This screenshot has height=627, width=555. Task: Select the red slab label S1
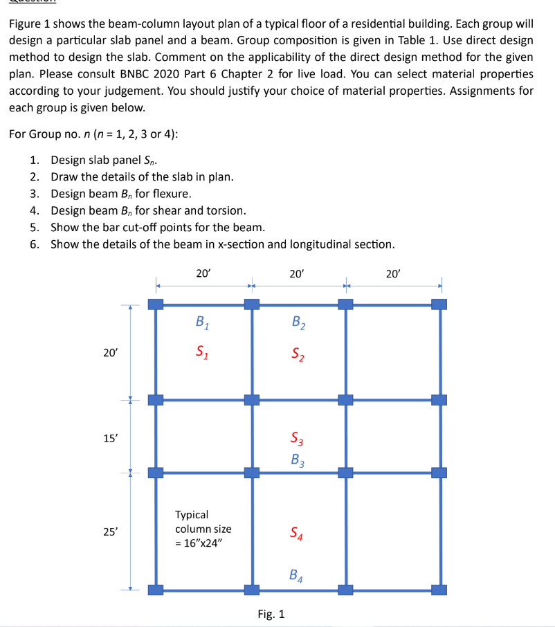click(x=201, y=350)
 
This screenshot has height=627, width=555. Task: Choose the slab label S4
click(x=296, y=534)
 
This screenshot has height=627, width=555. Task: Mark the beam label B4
click(x=296, y=574)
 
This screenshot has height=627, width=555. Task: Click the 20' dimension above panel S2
click(x=297, y=273)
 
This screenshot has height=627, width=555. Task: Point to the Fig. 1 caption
click(x=271, y=614)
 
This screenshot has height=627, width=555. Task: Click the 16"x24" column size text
click(x=200, y=543)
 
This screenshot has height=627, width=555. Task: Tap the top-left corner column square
click(x=156, y=304)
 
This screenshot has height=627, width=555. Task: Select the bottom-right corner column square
click(x=439, y=590)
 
